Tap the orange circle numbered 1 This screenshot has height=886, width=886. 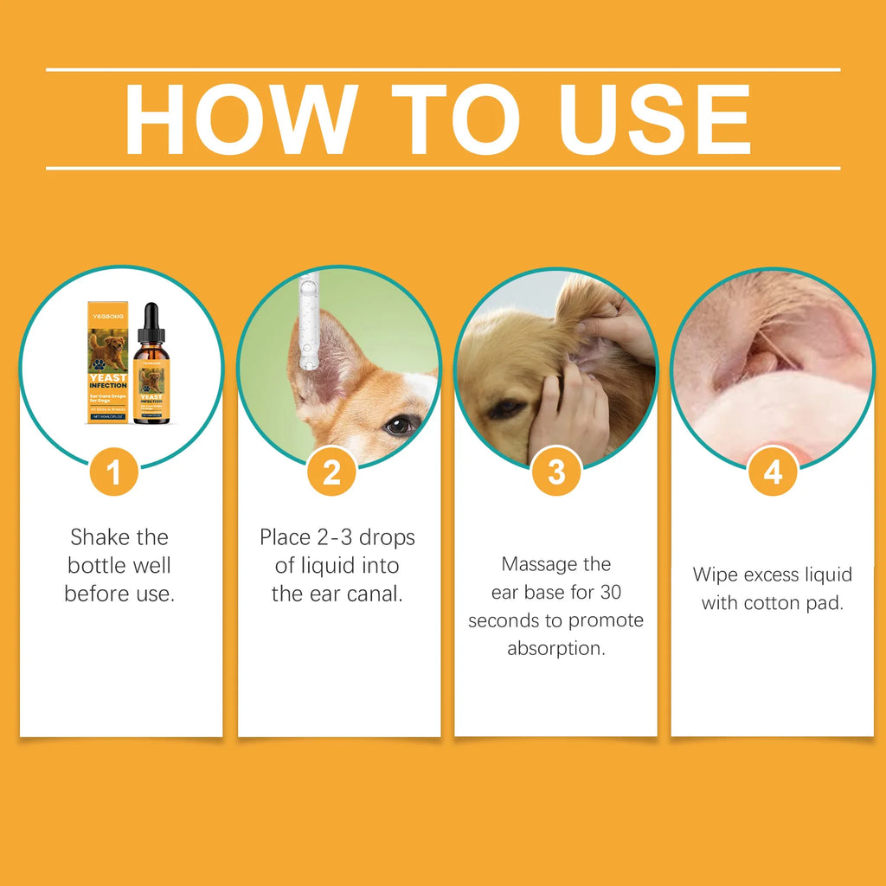tap(113, 472)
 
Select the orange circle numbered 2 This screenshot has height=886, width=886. tap(331, 472)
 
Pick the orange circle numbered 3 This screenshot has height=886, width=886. tap(556, 472)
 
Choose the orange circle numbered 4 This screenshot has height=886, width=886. tap(773, 472)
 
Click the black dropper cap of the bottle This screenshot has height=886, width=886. tap(151, 323)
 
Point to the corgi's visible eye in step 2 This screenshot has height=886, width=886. tap(400, 424)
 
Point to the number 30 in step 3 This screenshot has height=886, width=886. tap(610, 593)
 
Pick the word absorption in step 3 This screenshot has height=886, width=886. tap(556, 649)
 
